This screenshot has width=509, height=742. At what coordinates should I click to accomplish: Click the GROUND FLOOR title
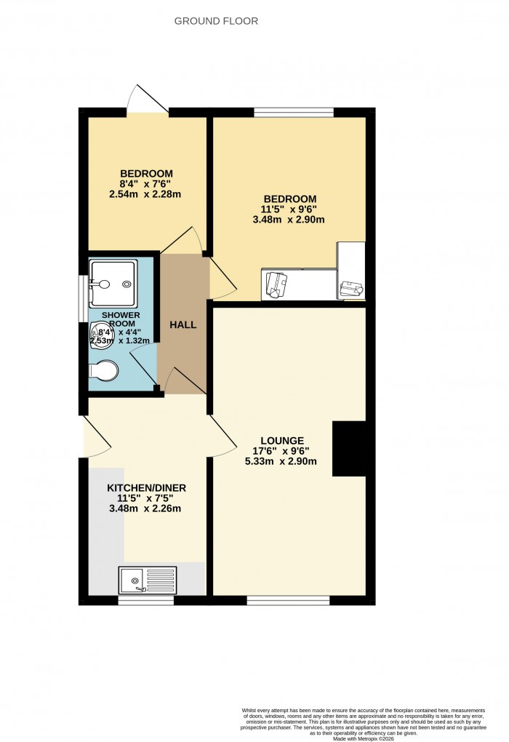[216, 21]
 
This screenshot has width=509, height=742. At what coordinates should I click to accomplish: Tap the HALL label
[183, 324]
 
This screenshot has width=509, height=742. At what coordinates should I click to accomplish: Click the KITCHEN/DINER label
[140, 487]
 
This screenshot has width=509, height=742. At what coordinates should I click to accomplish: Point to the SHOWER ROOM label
[120, 319]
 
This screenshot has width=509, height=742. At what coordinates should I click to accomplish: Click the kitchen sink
[148, 580]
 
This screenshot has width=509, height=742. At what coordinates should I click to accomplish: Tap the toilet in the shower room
[103, 371]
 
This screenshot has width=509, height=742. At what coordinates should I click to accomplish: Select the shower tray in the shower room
[113, 281]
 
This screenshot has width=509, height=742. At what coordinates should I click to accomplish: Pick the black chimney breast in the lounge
[349, 449]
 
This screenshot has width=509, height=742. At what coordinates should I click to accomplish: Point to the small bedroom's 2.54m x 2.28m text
[145, 194]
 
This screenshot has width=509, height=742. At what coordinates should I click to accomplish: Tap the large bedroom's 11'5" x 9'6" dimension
[289, 210]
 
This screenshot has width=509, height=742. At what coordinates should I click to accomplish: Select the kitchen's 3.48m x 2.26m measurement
[145, 508]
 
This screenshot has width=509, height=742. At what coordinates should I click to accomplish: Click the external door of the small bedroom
[148, 102]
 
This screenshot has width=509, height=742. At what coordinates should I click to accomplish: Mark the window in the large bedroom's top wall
[294, 112]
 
